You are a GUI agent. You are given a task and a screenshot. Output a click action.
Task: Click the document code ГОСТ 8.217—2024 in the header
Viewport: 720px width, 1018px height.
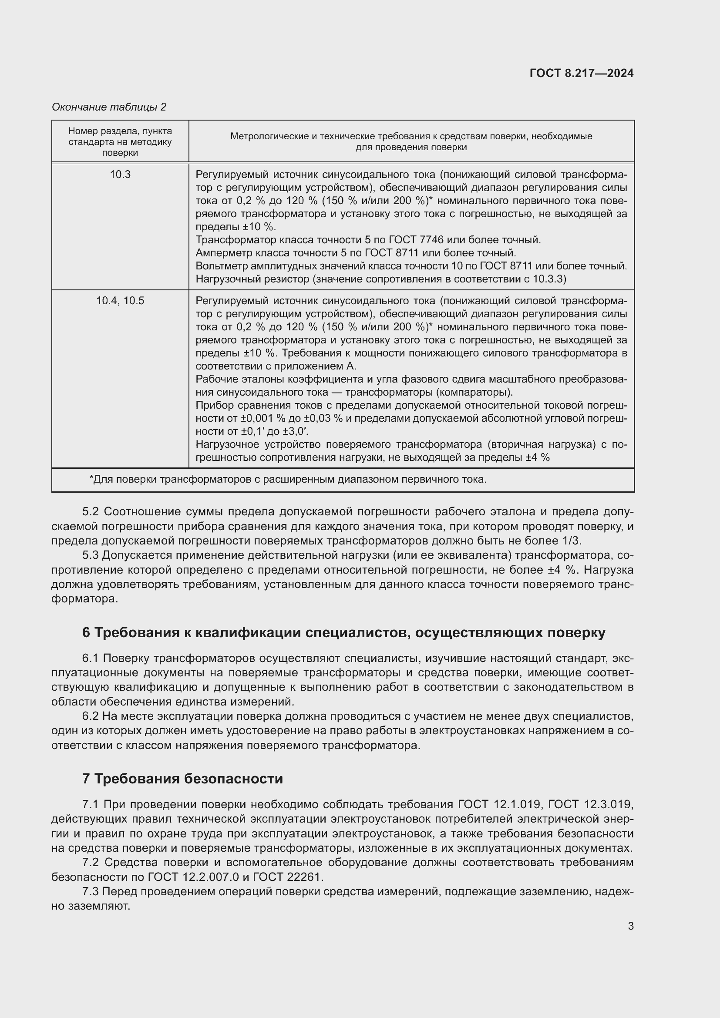581,74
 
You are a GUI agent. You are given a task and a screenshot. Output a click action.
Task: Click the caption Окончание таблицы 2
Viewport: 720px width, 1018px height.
109,107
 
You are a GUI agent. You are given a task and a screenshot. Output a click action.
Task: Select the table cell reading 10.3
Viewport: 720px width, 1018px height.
120,175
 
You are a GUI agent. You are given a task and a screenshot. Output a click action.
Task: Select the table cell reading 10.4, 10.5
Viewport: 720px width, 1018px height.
120,301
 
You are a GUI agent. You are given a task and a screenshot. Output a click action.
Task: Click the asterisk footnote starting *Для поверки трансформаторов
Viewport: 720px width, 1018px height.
288,479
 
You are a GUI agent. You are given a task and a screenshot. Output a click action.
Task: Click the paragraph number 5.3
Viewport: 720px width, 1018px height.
91,555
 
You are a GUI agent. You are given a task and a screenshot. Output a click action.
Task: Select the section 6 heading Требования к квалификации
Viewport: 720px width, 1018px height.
343,633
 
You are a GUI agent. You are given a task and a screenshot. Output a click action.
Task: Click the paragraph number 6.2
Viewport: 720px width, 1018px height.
91,716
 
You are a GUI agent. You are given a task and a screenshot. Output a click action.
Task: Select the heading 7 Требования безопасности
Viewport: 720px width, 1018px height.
182,779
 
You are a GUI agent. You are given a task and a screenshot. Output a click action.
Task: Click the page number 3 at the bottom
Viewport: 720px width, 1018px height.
630,926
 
